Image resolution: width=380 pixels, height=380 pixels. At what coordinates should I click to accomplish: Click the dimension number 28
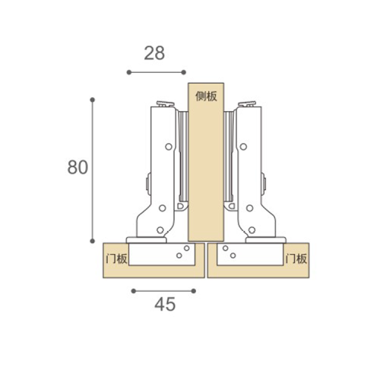[x=154, y=53]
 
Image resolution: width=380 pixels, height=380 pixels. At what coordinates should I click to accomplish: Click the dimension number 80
[x=78, y=167]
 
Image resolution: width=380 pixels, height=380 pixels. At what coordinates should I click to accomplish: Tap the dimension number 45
[x=165, y=304]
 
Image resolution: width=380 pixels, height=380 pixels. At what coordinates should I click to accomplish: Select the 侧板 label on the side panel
[x=206, y=97]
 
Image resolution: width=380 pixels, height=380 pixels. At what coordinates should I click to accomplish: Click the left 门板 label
[x=116, y=258]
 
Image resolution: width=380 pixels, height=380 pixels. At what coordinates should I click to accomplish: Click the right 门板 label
[x=296, y=258]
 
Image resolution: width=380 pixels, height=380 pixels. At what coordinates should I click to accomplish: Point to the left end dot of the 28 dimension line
[x=129, y=72]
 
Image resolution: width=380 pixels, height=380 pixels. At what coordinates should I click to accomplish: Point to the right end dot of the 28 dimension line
[x=184, y=72]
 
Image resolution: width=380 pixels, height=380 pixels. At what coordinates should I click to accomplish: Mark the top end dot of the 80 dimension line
[x=93, y=100]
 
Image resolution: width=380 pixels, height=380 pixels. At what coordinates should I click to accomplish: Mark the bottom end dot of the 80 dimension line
[x=93, y=241]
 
